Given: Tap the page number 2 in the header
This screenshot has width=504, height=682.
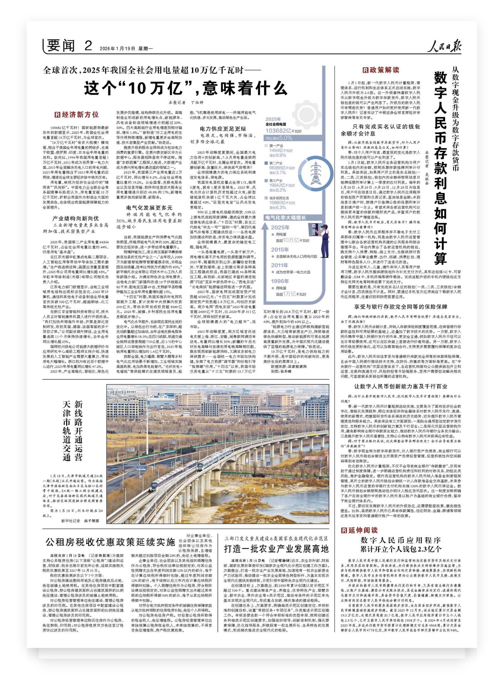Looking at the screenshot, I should coord(88,46).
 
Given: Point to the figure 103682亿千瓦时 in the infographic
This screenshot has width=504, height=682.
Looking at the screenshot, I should coord(283,131).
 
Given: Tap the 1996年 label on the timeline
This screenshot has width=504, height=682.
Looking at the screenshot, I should coord(280,281).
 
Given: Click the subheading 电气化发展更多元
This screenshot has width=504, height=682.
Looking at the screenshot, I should coord(150,208).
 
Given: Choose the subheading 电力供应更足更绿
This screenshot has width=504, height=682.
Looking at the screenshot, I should coord(223,129).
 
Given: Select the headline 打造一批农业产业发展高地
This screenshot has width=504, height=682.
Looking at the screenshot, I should coord(276,549).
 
